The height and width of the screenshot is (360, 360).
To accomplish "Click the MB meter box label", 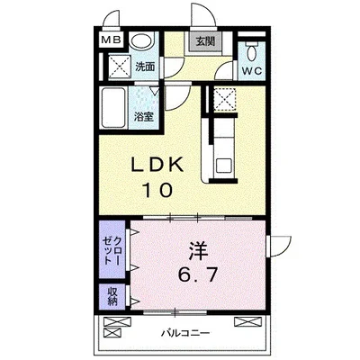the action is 111,40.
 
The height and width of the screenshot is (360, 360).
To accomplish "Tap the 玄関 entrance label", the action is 206,41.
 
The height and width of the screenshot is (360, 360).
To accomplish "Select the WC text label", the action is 252,71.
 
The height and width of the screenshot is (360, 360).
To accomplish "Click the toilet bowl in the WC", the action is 251,53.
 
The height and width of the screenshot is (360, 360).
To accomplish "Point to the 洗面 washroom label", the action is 145,67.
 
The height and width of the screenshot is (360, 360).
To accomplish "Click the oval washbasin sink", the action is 142,41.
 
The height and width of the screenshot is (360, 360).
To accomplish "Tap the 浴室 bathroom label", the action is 144,117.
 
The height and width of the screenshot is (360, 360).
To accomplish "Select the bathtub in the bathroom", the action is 113,107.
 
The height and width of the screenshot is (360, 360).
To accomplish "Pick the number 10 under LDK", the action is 157,190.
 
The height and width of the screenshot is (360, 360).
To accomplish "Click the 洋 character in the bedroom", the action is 198,251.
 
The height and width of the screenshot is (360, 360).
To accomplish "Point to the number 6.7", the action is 197,274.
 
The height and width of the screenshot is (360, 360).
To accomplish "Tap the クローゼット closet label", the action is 112,250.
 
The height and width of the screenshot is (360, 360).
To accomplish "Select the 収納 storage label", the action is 112,296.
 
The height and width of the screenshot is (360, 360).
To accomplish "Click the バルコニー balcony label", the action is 185,333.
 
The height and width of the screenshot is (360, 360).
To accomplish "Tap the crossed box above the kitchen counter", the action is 224,99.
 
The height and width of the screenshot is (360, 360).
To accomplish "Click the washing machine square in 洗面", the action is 120,67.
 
